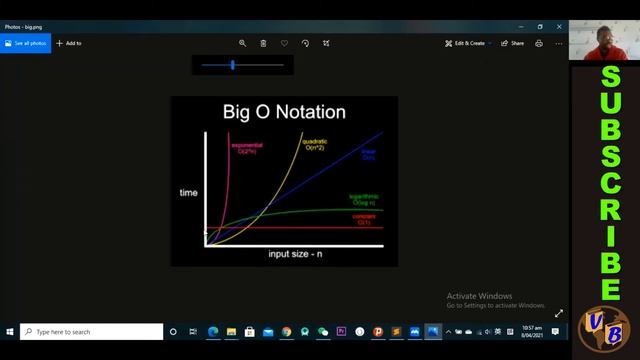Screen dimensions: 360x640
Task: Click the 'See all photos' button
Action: (25, 43)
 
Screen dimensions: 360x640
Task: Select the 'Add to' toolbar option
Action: (69, 43)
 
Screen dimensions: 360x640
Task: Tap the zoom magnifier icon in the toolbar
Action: (242, 43)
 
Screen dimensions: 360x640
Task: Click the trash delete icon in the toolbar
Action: (263, 43)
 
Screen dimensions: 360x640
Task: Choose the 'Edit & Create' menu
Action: (465, 43)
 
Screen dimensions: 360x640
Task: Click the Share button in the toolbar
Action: (512, 43)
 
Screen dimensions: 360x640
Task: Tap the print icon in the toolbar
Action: (539, 43)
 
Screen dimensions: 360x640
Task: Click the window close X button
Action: (559, 27)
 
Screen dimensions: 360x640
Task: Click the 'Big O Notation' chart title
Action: (284, 112)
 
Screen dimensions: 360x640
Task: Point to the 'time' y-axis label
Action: (188, 192)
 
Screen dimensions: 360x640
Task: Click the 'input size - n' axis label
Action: (295, 254)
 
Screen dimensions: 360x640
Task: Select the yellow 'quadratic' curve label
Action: (315, 144)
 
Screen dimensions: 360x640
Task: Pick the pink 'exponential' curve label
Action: (247, 148)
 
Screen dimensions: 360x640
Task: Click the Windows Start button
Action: (10, 332)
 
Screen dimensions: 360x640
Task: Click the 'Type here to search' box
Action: (92, 332)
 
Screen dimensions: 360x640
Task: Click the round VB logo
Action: (603, 329)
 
